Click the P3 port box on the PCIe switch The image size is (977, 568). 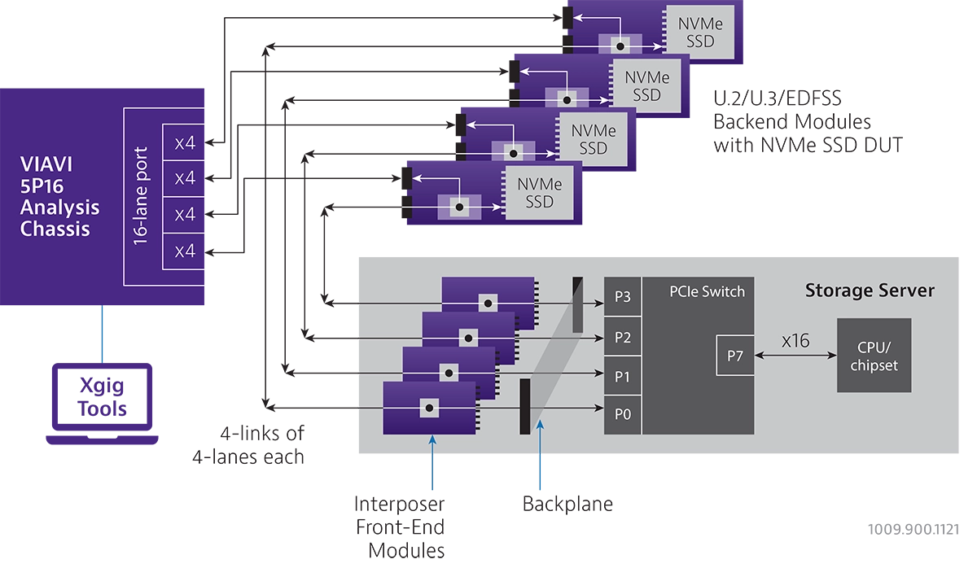622,296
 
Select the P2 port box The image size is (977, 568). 622,337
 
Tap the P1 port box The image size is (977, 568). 622,376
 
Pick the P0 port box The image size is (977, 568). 622,414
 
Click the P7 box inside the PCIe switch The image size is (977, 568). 735,356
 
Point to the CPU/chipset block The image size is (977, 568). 874,356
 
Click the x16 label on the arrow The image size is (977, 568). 795,340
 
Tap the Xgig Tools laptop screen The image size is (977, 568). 102,396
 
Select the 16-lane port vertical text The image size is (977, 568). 141,196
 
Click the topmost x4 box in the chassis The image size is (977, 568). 184,142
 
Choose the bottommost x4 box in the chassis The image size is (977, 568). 184,251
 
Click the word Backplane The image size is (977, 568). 567,504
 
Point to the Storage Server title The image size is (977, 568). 870,291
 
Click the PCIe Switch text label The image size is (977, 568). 707,291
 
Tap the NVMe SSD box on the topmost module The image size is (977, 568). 700,33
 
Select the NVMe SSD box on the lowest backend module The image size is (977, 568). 540,193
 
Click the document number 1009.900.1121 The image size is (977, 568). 913,529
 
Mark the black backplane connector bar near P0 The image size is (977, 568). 524,406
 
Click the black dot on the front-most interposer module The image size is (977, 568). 429,408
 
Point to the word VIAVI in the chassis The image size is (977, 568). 46,164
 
